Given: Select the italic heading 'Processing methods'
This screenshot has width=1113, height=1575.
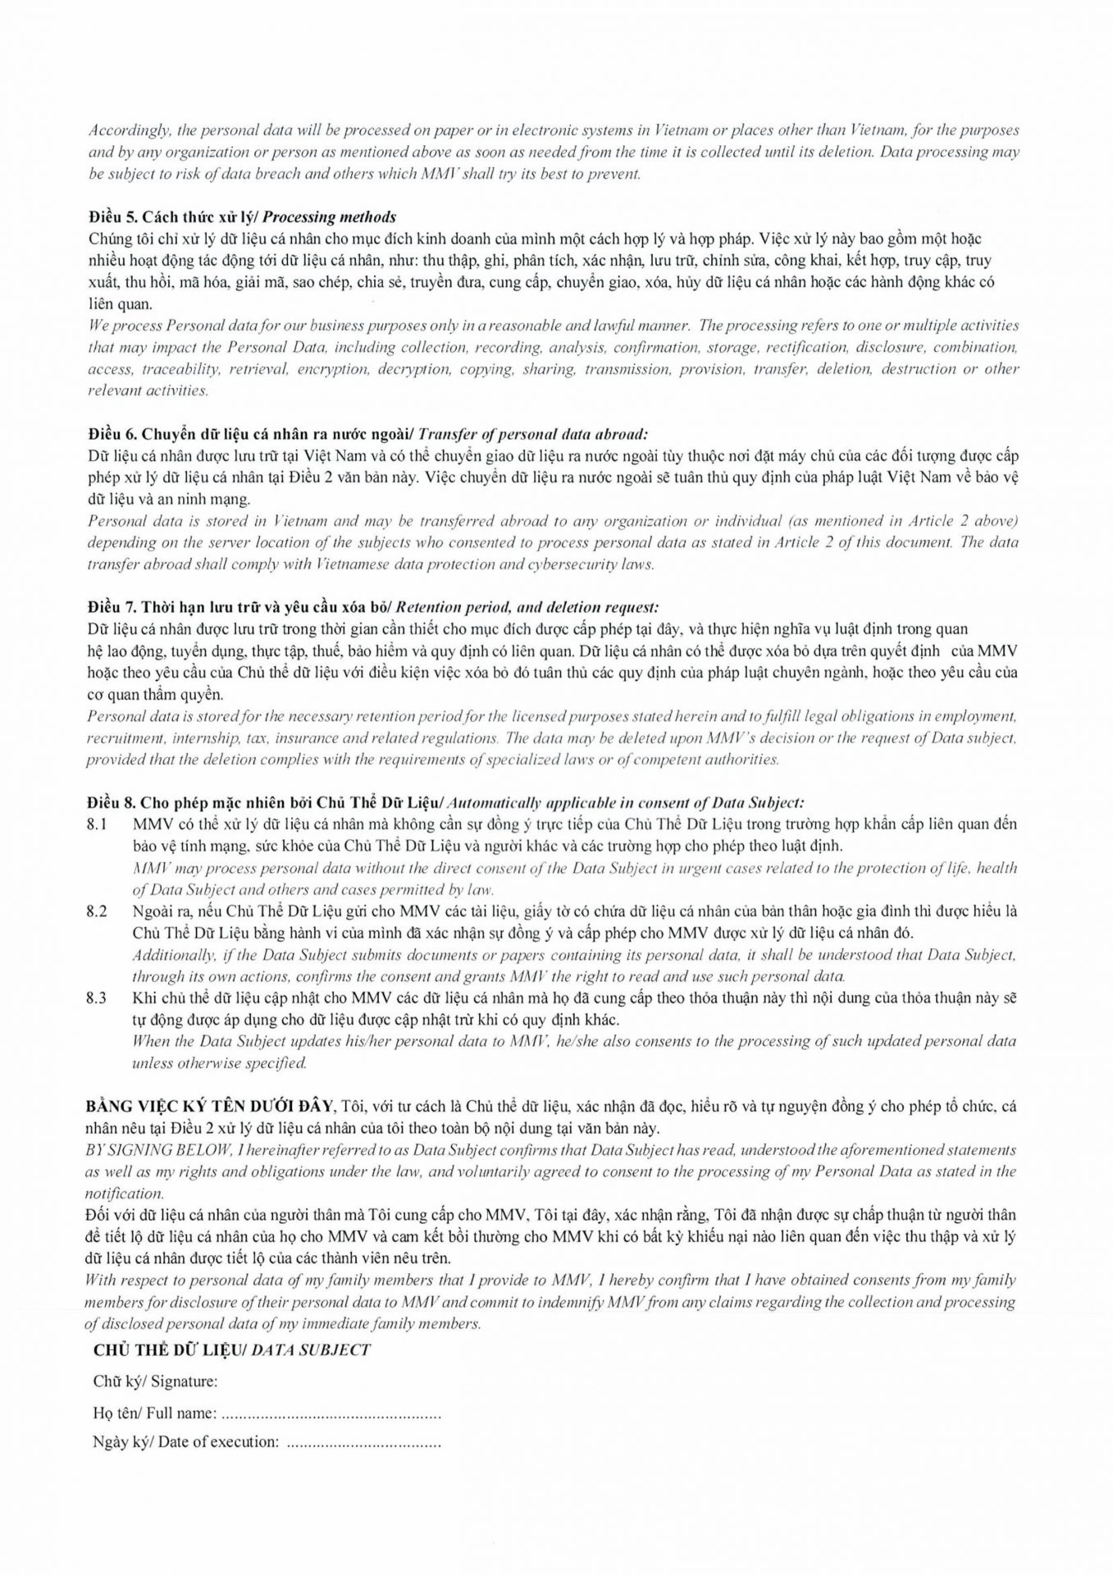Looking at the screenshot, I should [329, 217].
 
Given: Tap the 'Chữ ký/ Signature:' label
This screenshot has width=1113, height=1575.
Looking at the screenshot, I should [155, 1381].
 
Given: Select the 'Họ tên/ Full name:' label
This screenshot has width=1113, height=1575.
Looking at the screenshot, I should [155, 1413].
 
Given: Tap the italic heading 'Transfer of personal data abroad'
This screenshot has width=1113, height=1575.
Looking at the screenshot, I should [536, 433].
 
